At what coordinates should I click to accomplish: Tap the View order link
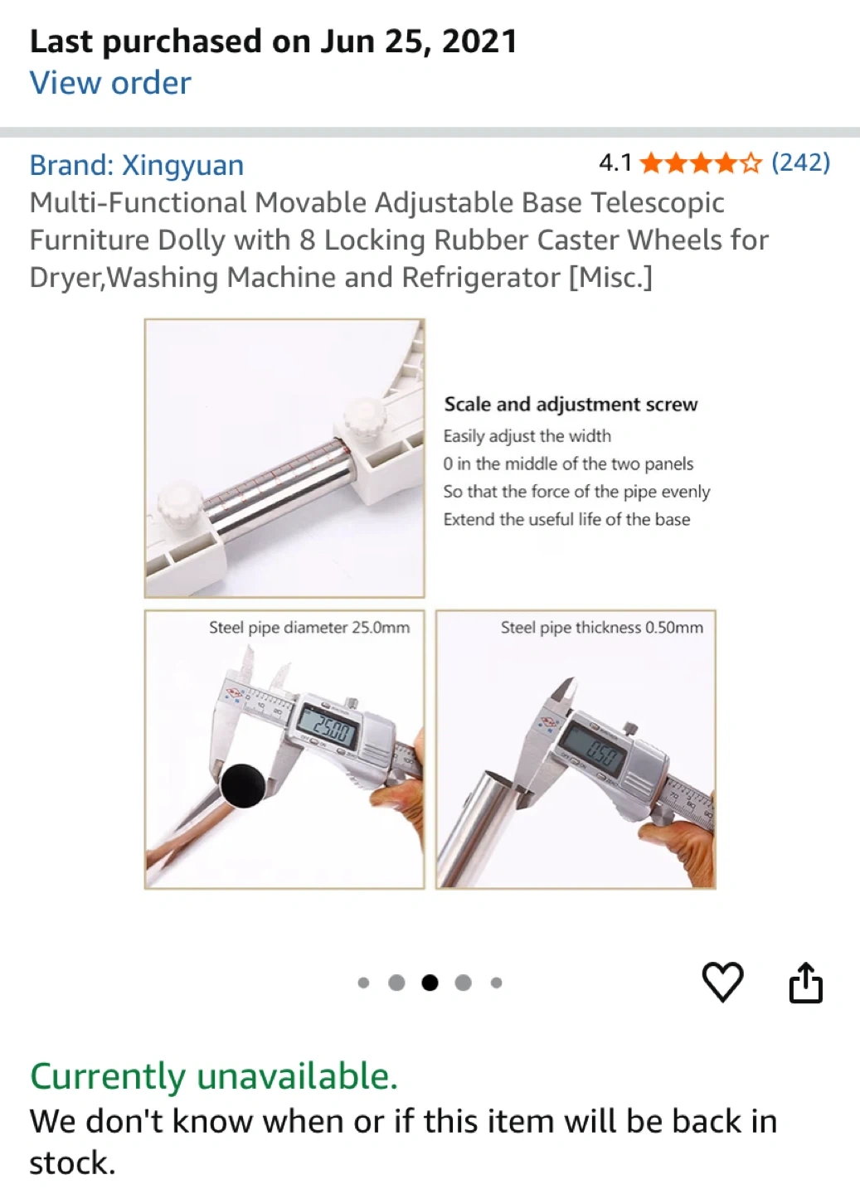coord(110,84)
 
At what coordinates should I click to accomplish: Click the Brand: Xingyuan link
coord(137,165)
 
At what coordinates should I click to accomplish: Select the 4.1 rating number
coord(615,163)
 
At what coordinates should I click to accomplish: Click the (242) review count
coord(801,163)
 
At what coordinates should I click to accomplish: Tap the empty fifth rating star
coord(751,163)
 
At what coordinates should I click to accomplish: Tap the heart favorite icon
coord(722,982)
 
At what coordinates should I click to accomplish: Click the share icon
coord(805,982)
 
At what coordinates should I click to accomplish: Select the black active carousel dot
coord(430,983)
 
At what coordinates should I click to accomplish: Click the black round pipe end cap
coord(243,786)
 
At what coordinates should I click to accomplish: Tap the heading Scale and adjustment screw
coord(571,404)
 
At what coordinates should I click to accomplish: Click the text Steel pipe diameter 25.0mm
coord(309,628)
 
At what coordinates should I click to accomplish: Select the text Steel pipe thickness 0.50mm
coord(602,628)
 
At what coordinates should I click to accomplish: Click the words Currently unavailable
coord(214,1075)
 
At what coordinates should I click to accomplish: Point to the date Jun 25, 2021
coord(418,41)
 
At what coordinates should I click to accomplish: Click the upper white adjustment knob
coord(365,419)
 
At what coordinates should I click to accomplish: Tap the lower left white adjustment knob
coord(180,504)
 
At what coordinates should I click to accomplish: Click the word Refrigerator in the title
coord(481,277)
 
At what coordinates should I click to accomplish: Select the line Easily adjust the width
coord(527,436)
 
